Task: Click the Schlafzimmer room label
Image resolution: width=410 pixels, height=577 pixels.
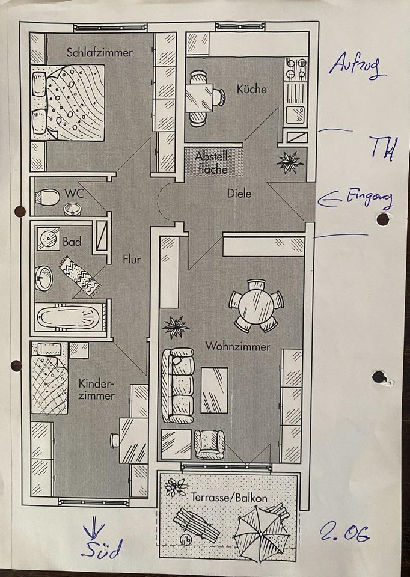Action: click(x=100, y=53)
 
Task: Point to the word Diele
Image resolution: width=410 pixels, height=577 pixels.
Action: click(x=239, y=194)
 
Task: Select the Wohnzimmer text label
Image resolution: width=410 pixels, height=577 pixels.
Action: click(x=237, y=347)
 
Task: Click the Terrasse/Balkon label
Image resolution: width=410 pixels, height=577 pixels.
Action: click(x=229, y=498)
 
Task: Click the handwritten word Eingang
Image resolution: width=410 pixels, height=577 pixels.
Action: click(x=368, y=198)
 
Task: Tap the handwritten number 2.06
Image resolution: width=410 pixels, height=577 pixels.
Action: click(x=344, y=531)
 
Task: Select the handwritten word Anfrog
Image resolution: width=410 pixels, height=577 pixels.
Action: click(x=357, y=66)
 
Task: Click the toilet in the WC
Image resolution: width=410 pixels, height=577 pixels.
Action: click(x=46, y=197)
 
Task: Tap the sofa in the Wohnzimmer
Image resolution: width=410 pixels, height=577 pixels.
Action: click(x=181, y=385)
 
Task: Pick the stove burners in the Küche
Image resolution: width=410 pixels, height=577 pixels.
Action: click(x=295, y=70)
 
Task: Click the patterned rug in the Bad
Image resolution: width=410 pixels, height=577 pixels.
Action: click(x=79, y=275)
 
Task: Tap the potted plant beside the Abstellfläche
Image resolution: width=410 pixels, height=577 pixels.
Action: click(x=291, y=163)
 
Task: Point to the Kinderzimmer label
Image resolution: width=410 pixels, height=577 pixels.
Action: click(x=96, y=389)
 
